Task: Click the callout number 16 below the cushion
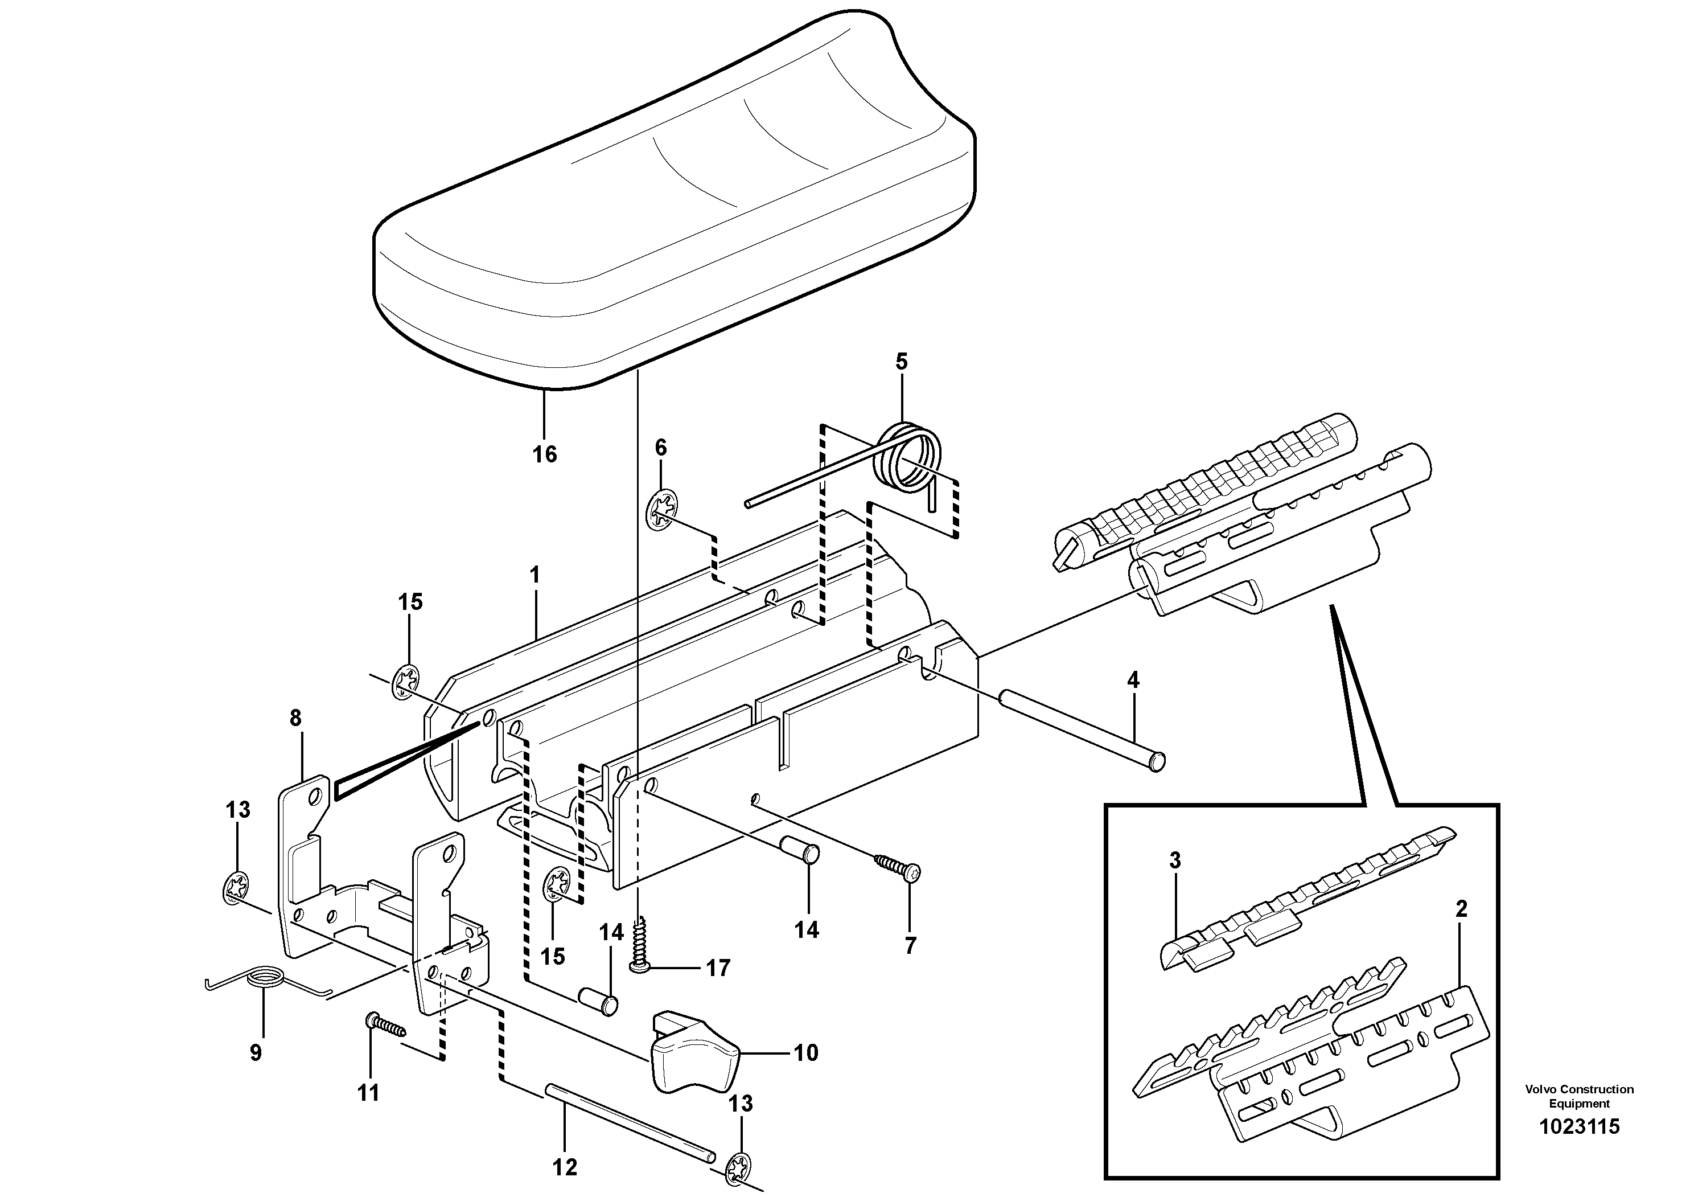click(545, 454)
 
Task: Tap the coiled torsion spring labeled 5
click(909, 459)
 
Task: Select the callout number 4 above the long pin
click(1133, 680)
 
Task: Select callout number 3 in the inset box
click(1174, 860)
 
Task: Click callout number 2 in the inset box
click(1460, 908)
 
